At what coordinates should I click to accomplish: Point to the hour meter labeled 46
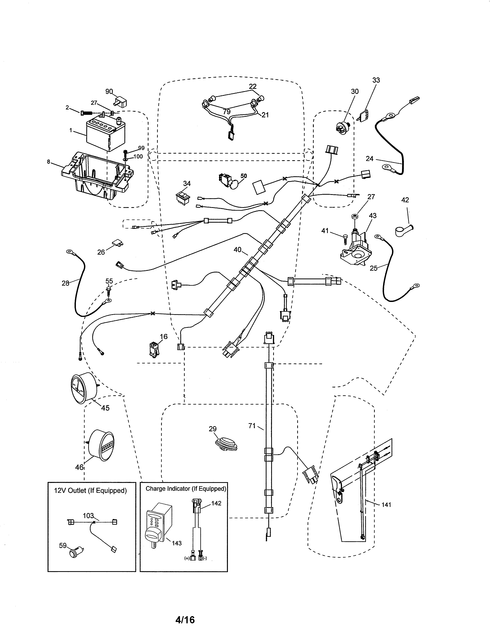click(x=101, y=445)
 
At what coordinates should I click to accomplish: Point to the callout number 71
click(x=252, y=426)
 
